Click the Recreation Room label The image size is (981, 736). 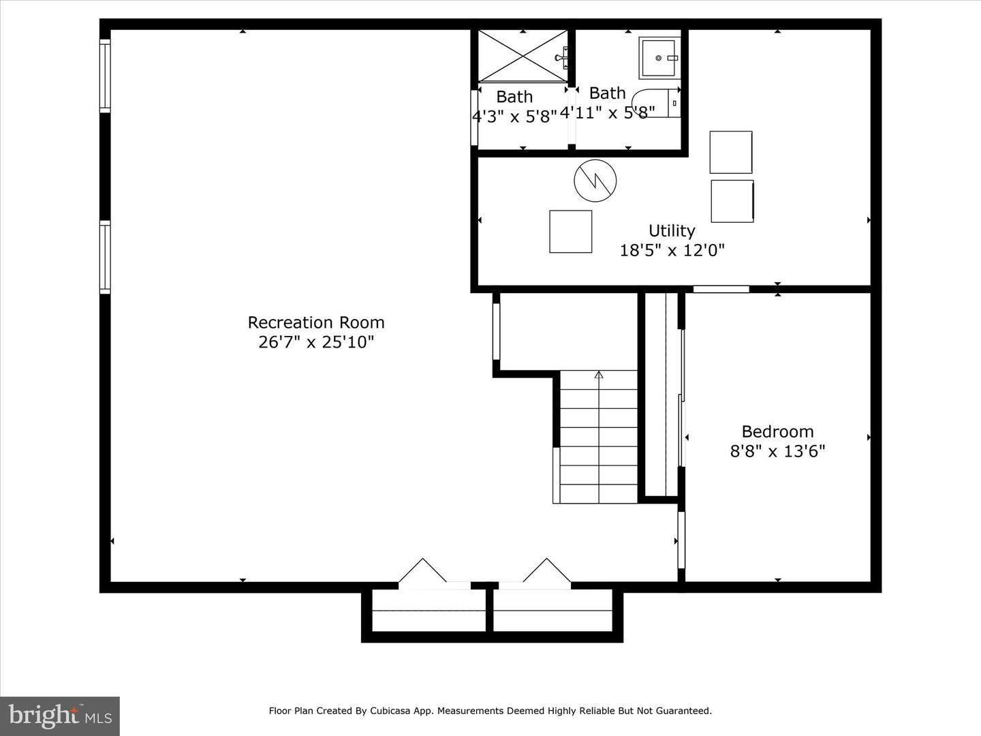click(316, 322)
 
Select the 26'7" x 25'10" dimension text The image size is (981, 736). click(316, 342)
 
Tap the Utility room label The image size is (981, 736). click(672, 231)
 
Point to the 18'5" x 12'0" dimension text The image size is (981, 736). click(672, 250)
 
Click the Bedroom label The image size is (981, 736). click(778, 431)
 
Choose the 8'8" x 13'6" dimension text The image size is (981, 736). click(778, 451)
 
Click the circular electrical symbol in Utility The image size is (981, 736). click(595, 181)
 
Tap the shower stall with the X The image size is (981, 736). click(523, 57)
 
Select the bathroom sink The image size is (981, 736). click(659, 58)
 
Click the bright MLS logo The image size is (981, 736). click(60, 716)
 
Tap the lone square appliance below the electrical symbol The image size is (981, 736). click(571, 232)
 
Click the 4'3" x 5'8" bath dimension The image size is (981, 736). click(515, 117)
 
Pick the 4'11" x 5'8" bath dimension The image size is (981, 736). click(608, 112)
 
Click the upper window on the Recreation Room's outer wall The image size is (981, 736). click(105, 76)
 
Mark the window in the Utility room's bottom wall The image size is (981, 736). click(721, 289)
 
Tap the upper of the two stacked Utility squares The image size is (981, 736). click(731, 152)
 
